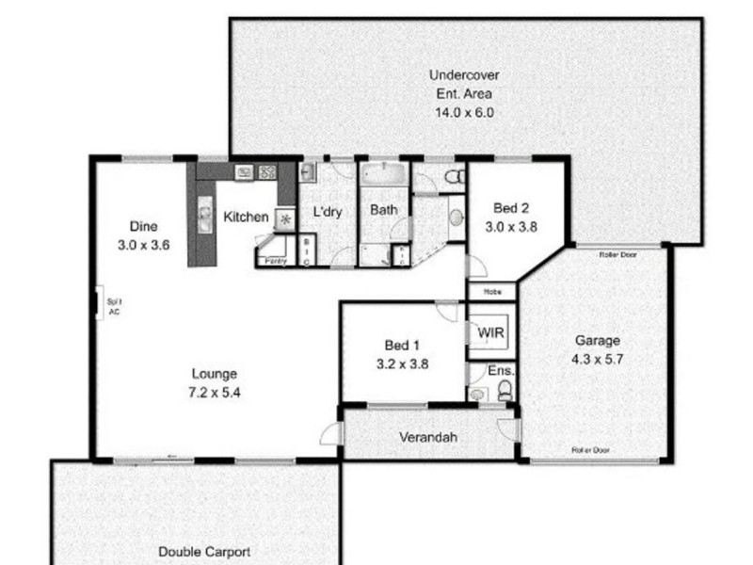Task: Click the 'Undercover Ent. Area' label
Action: [x=464, y=84]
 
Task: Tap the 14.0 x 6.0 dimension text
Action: [x=464, y=112]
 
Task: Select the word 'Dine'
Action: [x=143, y=226]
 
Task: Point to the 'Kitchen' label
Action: [x=246, y=218]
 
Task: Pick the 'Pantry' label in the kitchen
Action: [x=276, y=261]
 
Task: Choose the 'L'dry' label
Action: [x=327, y=212]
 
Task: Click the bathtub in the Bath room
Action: [x=382, y=175]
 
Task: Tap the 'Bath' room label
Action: [x=382, y=210]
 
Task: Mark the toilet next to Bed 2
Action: [x=453, y=176]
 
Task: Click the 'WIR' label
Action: [x=489, y=333]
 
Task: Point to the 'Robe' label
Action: [x=491, y=292]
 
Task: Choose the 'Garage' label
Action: [x=597, y=341]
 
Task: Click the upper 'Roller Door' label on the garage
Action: [x=618, y=253]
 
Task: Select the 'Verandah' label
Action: [x=428, y=438]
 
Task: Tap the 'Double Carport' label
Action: [x=204, y=553]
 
